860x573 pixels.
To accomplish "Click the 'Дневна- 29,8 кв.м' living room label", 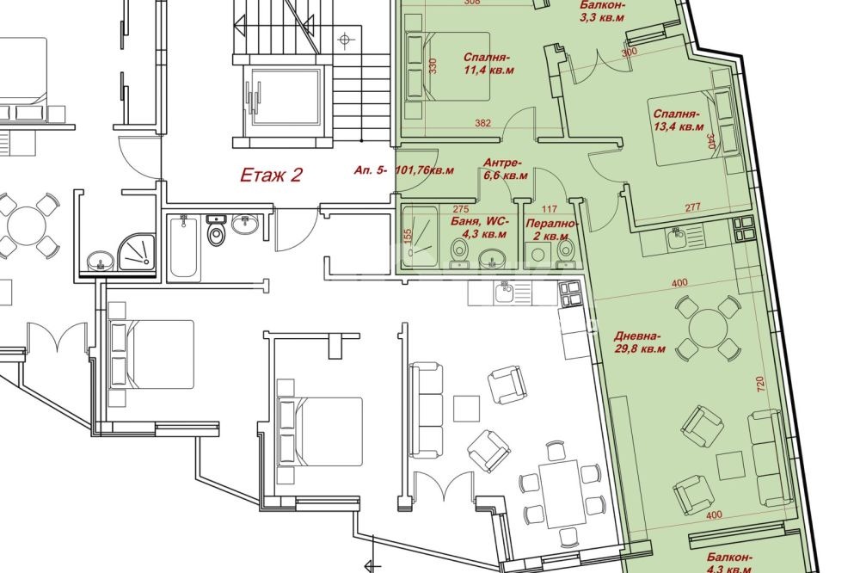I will (x=639, y=342).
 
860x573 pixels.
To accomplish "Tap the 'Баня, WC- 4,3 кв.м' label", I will (x=479, y=226).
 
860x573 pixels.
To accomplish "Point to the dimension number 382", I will (x=482, y=124).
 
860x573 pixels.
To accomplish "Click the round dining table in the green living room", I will (x=709, y=328).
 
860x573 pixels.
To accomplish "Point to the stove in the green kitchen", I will (x=742, y=229).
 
